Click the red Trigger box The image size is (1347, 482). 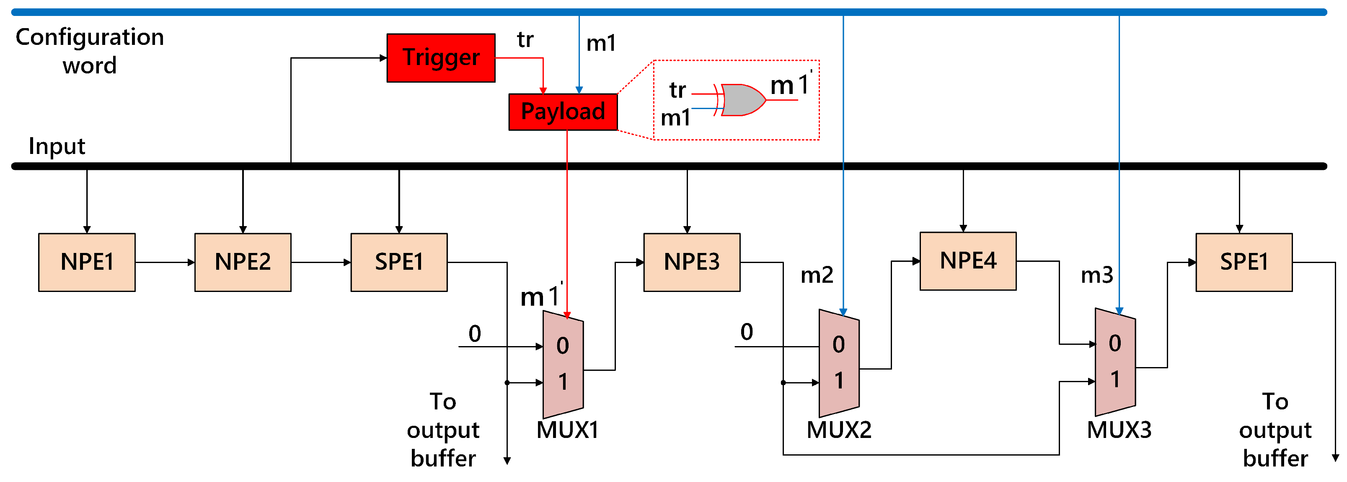(441, 57)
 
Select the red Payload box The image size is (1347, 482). (563, 112)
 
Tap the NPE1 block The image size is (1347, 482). (87, 262)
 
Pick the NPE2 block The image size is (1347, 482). (243, 262)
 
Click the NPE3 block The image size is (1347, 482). (691, 262)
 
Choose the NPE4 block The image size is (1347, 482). (967, 261)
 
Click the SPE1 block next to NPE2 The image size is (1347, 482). (398, 262)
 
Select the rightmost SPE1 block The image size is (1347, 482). (1244, 262)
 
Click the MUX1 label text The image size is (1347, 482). (567, 430)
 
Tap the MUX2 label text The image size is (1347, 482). (839, 430)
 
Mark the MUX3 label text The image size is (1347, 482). (1119, 430)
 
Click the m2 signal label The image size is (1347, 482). (817, 275)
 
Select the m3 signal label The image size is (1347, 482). (1096, 275)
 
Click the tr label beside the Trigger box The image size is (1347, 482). (525, 40)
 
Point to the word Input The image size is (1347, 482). (57, 146)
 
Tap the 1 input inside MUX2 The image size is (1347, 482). (839, 380)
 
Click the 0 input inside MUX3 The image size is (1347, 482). (1115, 344)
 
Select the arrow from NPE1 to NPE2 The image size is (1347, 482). (165, 262)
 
